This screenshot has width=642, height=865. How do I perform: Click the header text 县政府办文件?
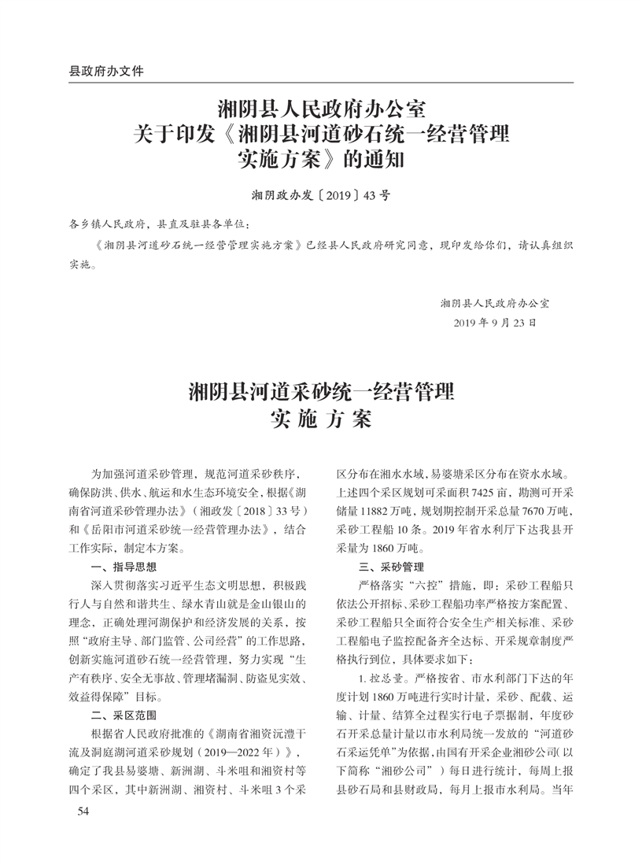tap(107, 71)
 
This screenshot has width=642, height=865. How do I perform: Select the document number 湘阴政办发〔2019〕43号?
tap(320, 194)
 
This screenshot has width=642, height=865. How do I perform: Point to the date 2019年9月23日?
tap(495, 323)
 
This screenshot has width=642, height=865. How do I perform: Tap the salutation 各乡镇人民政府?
tap(109, 224)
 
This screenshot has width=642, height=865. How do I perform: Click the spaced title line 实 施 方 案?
tap(320, 418)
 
